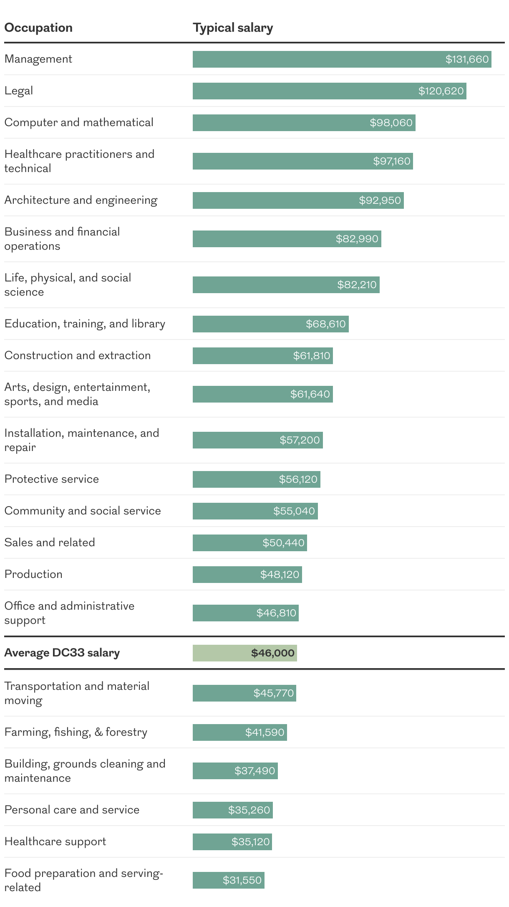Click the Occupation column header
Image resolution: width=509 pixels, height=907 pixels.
(x=38, y=28)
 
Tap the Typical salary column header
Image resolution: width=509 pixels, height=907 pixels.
(x=233, y=28)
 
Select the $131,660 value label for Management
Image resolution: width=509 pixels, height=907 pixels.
(x=467, y=59)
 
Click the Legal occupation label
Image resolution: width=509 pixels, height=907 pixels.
(x=19, y=91)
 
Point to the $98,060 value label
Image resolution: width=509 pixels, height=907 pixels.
(x=391, y=123)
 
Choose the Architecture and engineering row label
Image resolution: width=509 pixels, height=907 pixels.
(x=81, y=200)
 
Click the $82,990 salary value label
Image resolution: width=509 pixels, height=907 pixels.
(x=357, y=239)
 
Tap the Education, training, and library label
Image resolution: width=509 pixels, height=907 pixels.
(x=85, y=324)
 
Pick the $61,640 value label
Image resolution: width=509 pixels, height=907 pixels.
(x=310, y=394)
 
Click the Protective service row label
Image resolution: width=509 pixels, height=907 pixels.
(x=52, y=479)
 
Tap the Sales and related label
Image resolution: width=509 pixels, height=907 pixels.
(x=50, y=542)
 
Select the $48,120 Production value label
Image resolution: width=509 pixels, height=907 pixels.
(x=280, y=575)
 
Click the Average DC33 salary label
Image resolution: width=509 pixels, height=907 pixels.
(x=62, y=653)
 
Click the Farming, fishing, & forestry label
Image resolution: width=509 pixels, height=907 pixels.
(x=76, y=732)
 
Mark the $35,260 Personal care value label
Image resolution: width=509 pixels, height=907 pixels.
(x=249, y=810)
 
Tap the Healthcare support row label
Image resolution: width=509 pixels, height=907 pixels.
(x=55, y=841)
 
